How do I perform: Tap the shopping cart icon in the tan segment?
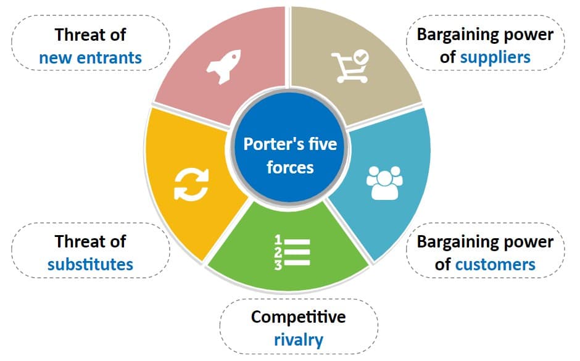349,67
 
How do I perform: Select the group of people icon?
384,183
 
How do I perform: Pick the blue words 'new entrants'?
90,58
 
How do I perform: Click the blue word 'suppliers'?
495,57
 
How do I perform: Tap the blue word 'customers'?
495,264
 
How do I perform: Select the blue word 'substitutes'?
90,264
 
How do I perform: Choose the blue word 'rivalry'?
299,339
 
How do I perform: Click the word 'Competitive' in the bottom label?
299,317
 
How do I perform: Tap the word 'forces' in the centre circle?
290,167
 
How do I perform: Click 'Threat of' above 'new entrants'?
90,35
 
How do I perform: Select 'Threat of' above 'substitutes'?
90,241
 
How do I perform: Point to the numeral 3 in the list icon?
278,265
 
